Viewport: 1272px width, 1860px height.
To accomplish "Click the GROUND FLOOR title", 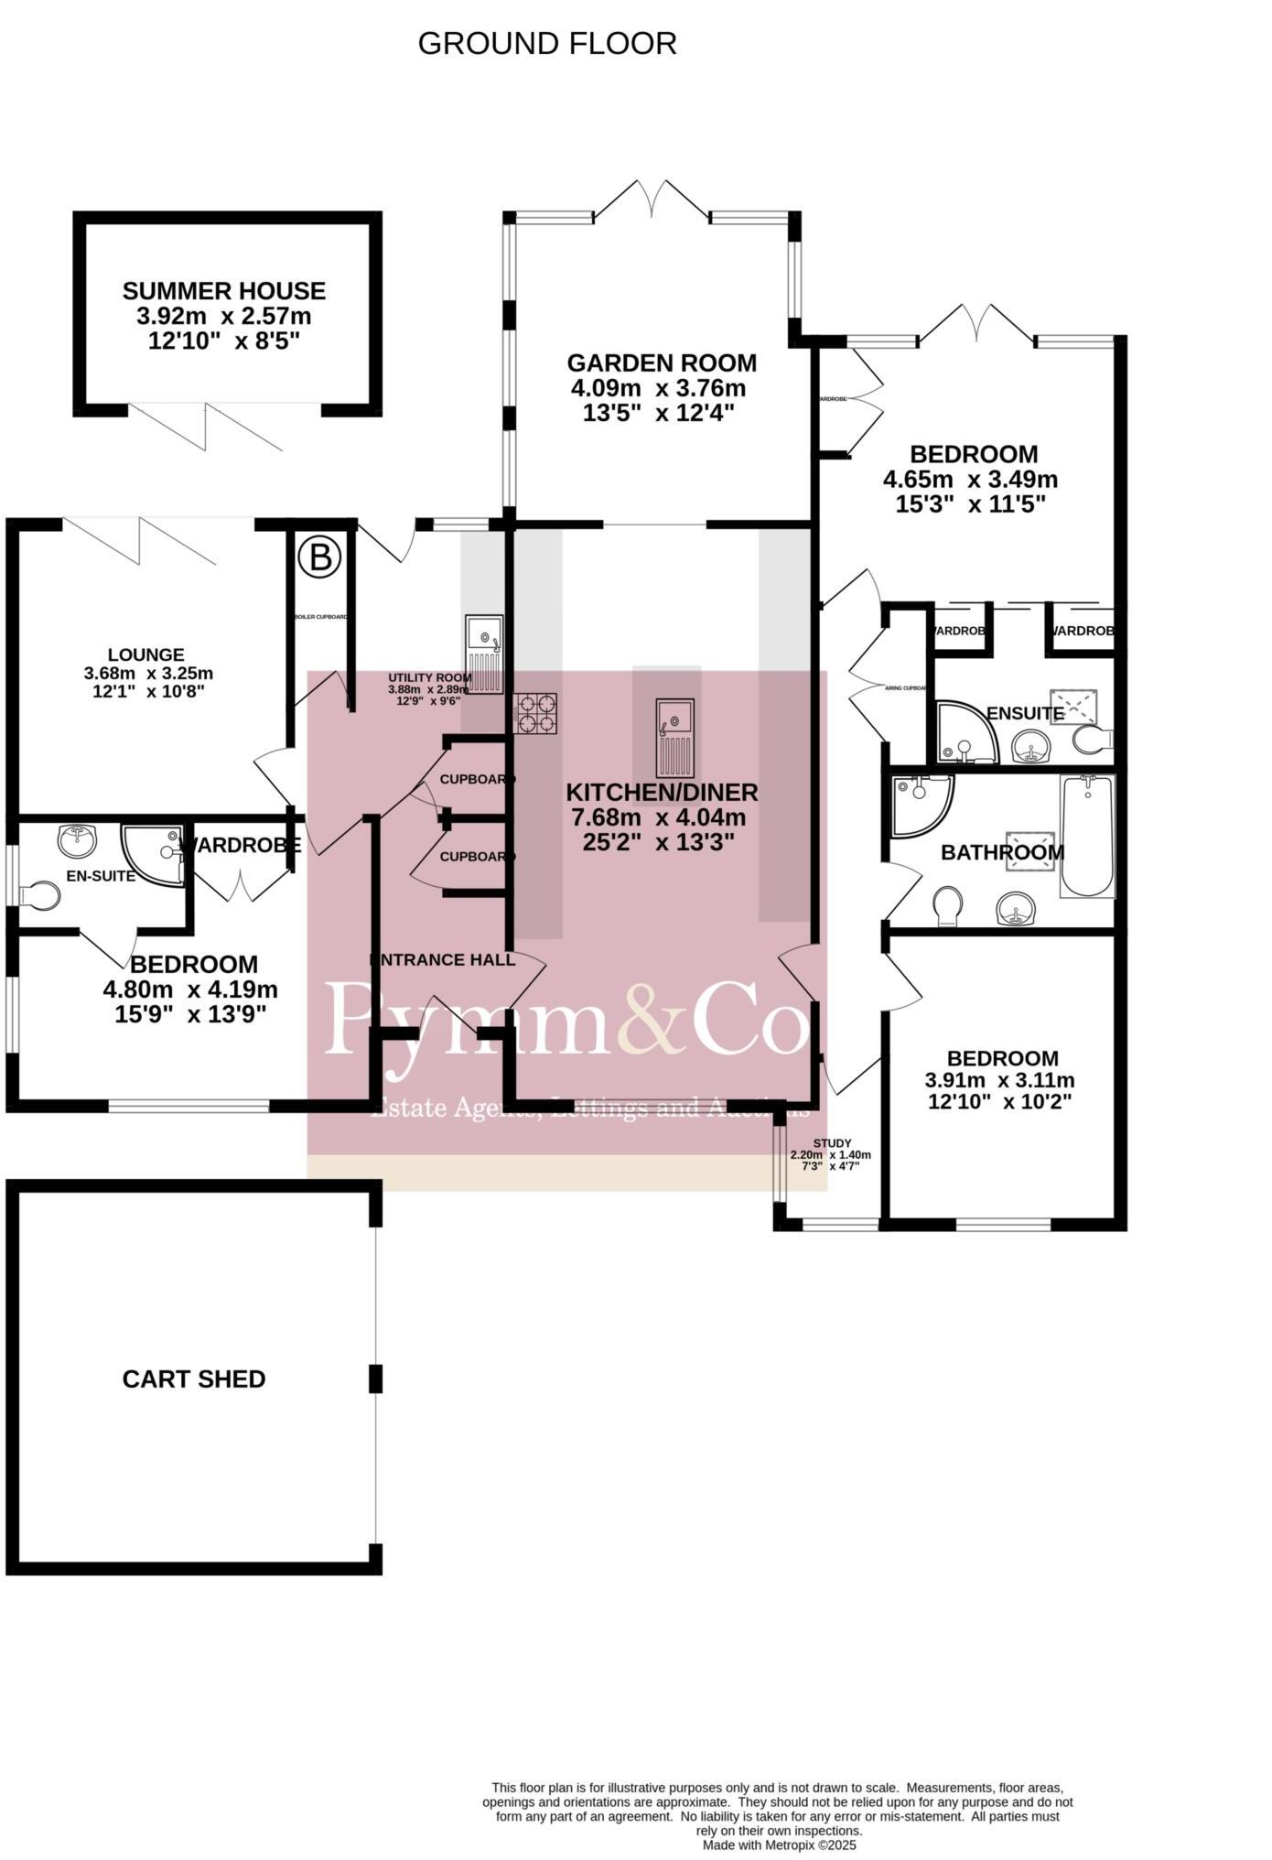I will tap(547, 43).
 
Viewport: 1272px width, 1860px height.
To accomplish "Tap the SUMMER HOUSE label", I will tap(224, 291).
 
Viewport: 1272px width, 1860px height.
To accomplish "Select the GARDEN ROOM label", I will tap(662, 363).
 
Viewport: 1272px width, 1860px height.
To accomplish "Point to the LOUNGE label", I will tap(146, 654).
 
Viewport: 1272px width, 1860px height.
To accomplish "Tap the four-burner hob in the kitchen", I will tap(535, 714).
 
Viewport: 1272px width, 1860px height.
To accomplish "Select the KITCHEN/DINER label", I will tap(662, 793).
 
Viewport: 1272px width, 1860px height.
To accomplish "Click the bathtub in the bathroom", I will tap(1087, 836).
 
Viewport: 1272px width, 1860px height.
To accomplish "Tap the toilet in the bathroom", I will tap(949, 906).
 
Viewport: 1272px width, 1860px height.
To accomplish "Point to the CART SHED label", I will tap(194, 1379).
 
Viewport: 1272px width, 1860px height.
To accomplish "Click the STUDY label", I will tap(832, 1143).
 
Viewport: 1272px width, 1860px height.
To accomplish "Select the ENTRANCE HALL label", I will tap(443, 959).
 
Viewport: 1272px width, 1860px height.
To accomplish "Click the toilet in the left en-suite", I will tap(40, 895).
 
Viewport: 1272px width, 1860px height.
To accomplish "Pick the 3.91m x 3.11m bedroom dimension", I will tap(1000, 1080).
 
